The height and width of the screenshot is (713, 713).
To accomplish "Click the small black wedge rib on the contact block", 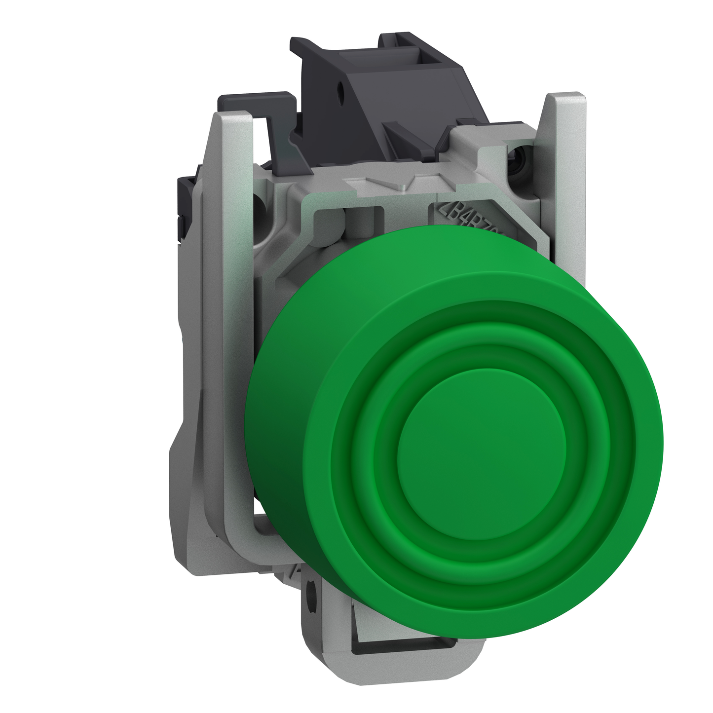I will pos(395,130).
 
